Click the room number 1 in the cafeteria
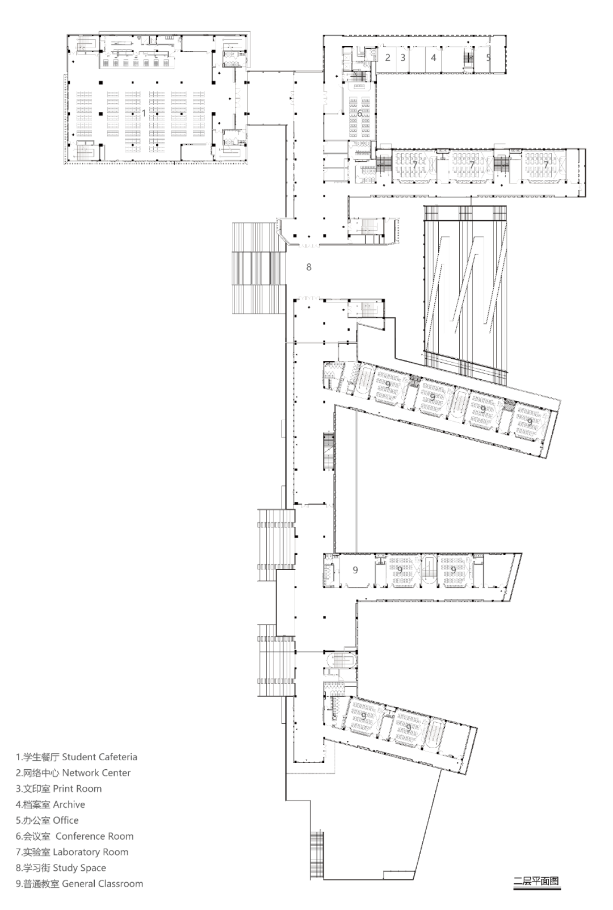coord(144,113)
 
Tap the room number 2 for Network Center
coord(388,57)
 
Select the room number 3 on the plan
coord(403,57)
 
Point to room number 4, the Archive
coord(434,57)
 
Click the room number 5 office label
coord(488,57)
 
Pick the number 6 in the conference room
coord(359,114)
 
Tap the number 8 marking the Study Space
coord(309,267)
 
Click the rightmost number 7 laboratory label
coord(546,164)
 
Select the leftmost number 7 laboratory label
coord(415,164)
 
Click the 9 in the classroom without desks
coord(355,570)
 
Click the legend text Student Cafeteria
coord(99,757)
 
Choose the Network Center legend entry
coord(96,773)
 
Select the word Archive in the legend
coord(69,804)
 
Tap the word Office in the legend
coord(66,820)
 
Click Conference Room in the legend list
coord(95,836)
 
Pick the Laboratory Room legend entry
coord(91,852)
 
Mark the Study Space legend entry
coord(79,868)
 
